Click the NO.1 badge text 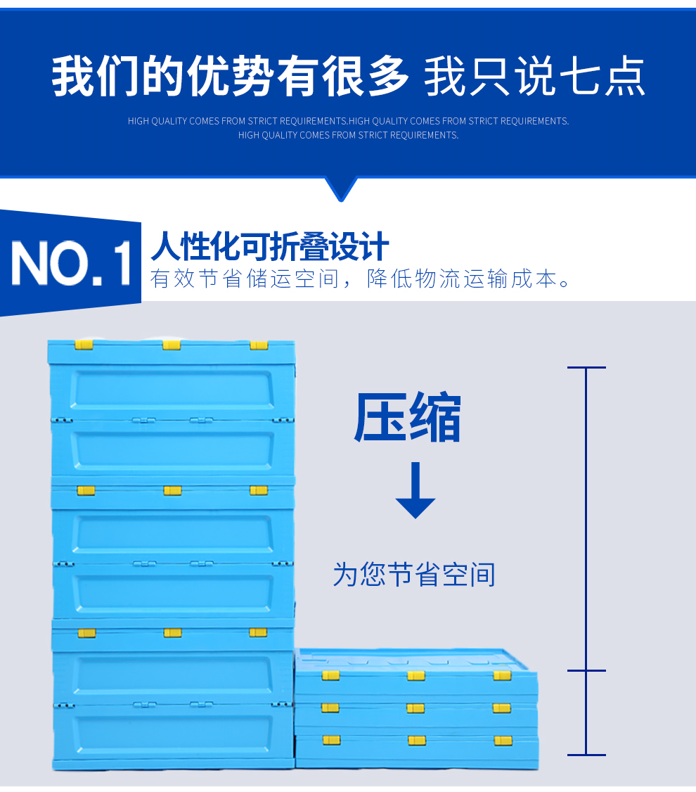point(71,262)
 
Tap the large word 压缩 point(407,417)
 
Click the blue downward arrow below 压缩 point(415,490)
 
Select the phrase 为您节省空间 point(414,574)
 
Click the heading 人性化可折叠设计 point(269,246)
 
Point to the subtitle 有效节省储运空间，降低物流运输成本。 point(361,279)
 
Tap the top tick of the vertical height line point(586,368)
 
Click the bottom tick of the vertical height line point(586,755)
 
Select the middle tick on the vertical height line point(586,671)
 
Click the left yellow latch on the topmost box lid point(84,345)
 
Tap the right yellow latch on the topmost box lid point(259,345)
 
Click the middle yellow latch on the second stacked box point(173,490)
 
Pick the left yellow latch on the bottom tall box point(86,633)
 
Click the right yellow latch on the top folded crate point(502,676)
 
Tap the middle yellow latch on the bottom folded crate point(417,741)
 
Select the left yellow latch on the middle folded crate point(330,708)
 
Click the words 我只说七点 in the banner point(534,76)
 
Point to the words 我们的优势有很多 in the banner point(230,76)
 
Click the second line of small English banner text point(348,135)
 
